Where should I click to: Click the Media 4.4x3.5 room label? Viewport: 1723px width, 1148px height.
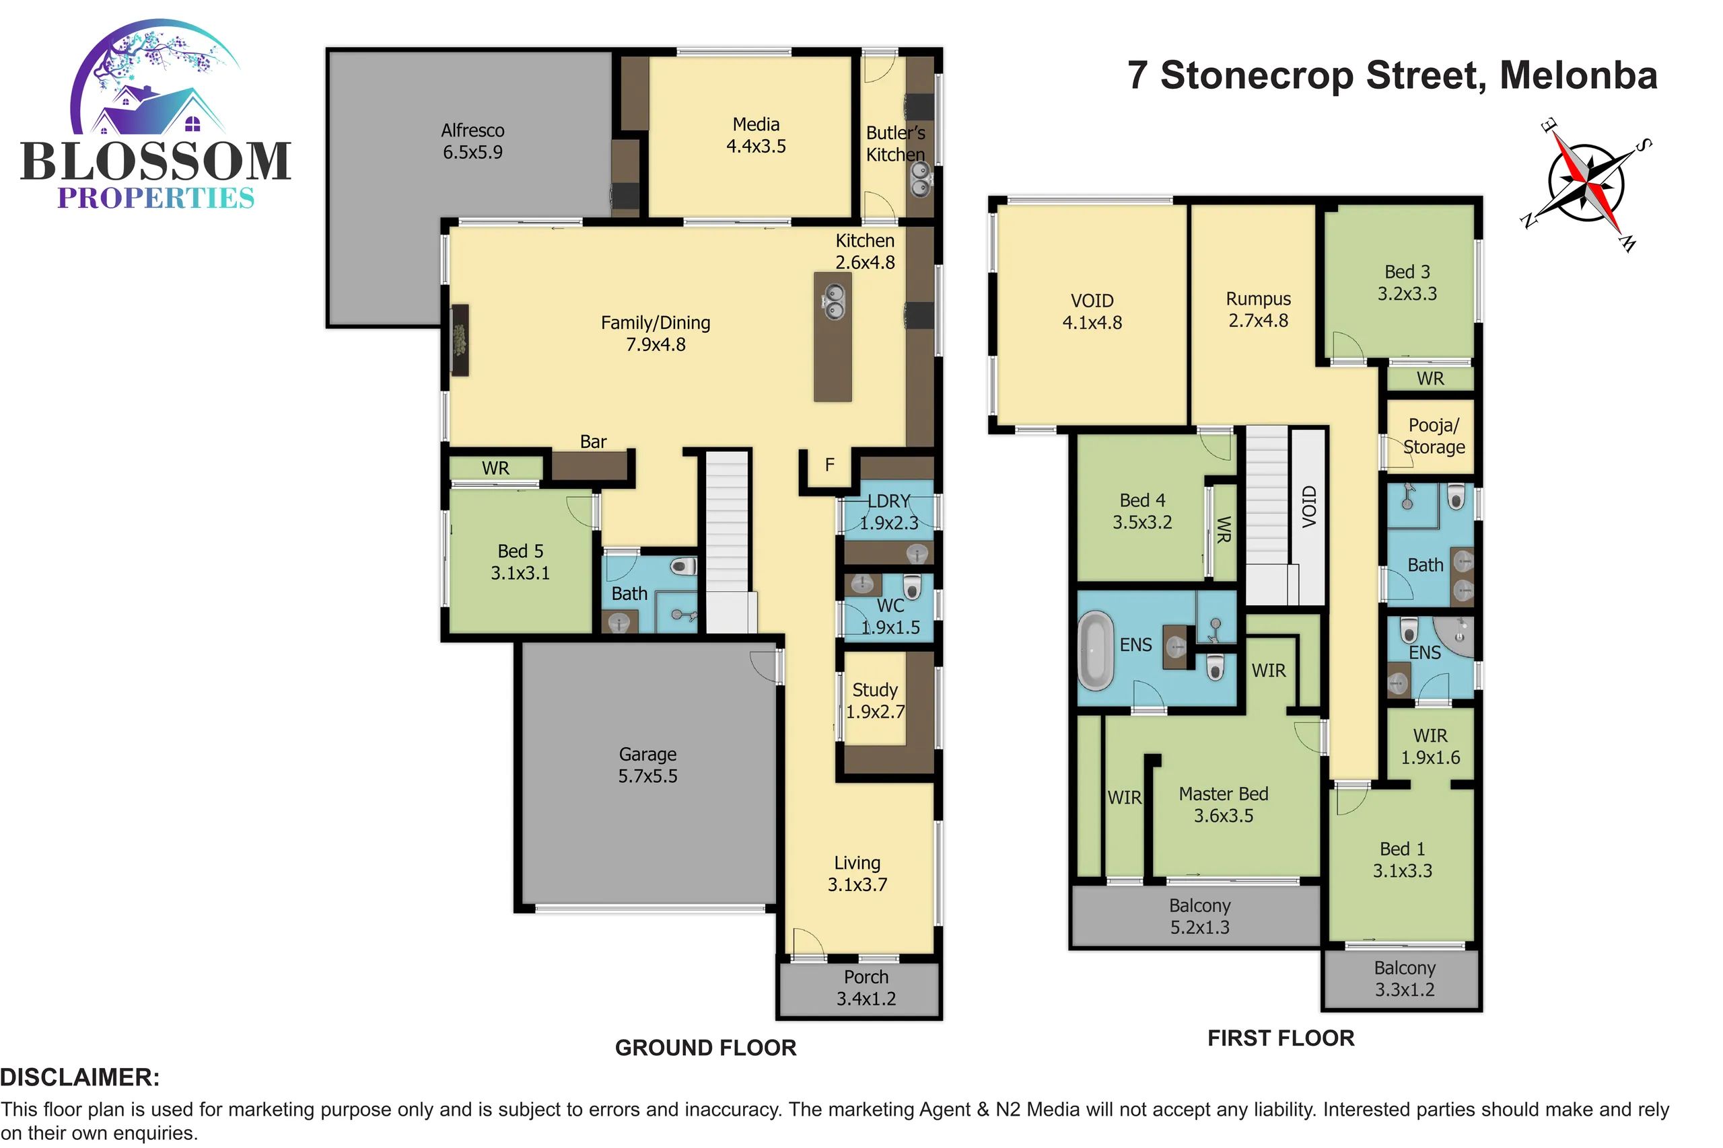tap(756, 135)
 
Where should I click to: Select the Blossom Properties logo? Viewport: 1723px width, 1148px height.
tap(156, 115)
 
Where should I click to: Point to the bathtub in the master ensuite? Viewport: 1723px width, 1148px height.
tap(1095, 652)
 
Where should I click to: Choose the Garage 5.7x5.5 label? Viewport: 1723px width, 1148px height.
tap(647, 765)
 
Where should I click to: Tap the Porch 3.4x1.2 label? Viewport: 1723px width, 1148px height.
tap(866, 988)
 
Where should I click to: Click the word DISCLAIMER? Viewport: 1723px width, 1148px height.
tap(80, 1077)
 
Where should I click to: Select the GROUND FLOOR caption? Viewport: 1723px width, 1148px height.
tap(705, 1048)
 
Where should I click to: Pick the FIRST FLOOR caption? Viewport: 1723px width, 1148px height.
tap(1281, 1038)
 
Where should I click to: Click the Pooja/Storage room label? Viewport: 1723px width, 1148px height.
tap(1434, 436)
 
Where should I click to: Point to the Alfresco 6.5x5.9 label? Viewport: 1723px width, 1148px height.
tap(472, 141)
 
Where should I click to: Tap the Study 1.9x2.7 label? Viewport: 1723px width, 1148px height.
tap(875, 701)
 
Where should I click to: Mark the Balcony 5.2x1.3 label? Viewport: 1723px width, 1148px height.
tap(1200, 917)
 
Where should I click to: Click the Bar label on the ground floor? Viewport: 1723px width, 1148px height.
tap(594, 441)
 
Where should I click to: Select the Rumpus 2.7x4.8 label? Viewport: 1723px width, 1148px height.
tap(1259, 309)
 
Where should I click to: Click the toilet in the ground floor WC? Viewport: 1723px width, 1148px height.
tap(911, 586)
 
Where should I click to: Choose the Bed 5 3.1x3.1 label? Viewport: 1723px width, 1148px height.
tap(520, 562)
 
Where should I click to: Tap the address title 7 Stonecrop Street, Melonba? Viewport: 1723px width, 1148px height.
tap(1392, 76)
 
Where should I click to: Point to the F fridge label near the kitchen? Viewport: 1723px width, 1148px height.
tap(829, 465)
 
